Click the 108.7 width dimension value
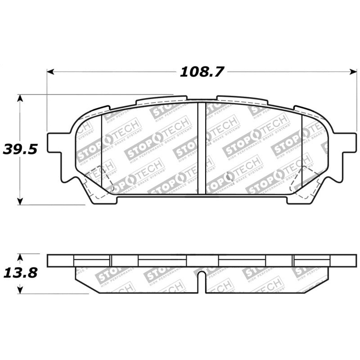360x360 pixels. point(202,72)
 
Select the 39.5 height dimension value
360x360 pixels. point(20,149)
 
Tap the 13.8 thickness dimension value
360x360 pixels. point(20,273)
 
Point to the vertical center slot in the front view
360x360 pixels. point(202,148)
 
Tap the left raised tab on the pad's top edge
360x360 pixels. point(161,99)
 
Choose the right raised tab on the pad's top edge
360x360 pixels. point(242,99)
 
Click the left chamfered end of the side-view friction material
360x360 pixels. point(85,279)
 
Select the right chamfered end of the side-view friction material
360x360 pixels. point(317,279)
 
